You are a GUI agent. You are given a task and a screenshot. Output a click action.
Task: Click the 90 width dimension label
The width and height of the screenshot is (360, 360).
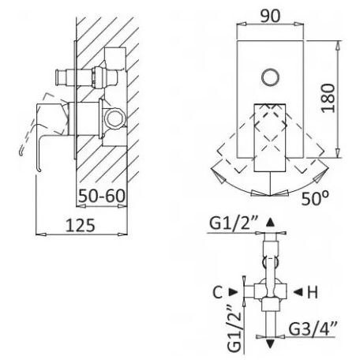click(x=270, y=16)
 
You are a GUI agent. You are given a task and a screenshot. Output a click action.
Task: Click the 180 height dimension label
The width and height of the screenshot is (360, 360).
click(x=328, y=98)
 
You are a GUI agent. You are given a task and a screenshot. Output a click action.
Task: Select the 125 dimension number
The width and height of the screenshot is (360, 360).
click(x=80, y=226)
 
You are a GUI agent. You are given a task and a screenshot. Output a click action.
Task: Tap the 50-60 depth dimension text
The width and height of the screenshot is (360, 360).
click(x=102, y=196)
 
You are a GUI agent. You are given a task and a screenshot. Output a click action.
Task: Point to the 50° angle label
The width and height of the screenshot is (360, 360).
click(x=315, y=198)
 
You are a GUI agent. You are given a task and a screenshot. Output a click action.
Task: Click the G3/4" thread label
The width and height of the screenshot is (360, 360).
click(x=313, y=328)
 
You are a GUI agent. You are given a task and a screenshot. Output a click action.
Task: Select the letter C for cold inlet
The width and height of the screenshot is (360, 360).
click(x=218, y=292)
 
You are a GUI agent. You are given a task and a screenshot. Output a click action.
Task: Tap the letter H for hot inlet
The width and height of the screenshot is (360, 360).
click(x=313, y=292)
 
